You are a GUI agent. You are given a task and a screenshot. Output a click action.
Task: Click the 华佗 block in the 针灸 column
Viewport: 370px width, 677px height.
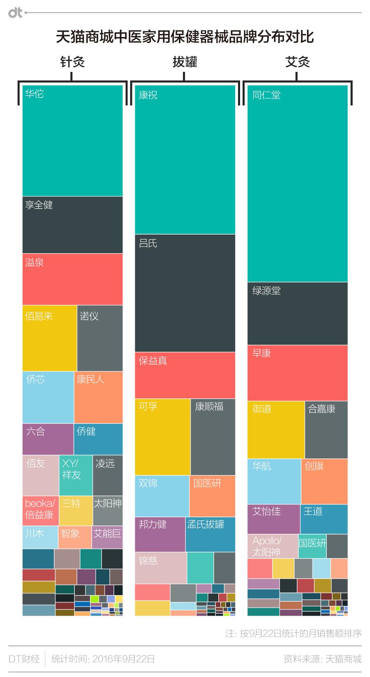pyautogui.click(x=72, y=140)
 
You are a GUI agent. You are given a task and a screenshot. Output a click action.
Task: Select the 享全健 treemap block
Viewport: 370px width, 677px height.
pyautogui.click(x=72, y=225)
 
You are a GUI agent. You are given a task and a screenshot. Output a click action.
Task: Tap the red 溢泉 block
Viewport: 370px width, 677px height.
pyautogui.click(x=72, y=279)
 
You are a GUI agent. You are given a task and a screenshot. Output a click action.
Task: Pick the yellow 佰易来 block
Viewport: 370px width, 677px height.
pyautogui.click(x=49, y=338)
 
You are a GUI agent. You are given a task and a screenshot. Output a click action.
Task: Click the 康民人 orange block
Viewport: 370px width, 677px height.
pyautogui.click(x=99, y=397)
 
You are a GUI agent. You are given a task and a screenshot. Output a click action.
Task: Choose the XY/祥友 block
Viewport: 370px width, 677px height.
pyautogui.click(x=76, y=475)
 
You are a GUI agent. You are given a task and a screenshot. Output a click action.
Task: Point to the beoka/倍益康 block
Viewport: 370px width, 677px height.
pyautogui.click(x=40, y=510)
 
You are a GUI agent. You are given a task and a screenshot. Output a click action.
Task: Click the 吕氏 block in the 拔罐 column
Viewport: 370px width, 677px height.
pyautogui.click(x=185, y=293)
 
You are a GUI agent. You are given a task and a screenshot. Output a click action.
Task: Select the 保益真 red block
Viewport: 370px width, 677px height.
pyautogui.click(x=185, y=375)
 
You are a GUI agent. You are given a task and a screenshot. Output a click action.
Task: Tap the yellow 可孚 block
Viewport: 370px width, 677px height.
pyautogui.click(x=162, y=437)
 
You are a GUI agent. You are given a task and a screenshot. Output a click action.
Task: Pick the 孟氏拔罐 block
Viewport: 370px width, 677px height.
pyautogui.click(x=210, y=534)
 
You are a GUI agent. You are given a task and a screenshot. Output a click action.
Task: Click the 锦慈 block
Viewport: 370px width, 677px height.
pyautogui.click(x=160, y=568)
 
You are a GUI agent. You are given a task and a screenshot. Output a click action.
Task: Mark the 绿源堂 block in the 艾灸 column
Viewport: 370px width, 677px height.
pyautogui.click(x=297, y=313)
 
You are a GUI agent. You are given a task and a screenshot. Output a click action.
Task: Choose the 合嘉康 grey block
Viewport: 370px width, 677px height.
pyautogui.click(x=326, y=429)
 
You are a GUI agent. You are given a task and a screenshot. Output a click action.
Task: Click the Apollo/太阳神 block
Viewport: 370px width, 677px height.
pyautogui.click(x=273, y=546)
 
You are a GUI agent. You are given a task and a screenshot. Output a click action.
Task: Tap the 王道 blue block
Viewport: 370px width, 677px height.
pyautogui.click(x=324, y=519)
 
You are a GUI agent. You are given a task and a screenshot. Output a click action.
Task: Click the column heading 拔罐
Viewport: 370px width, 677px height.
pyautogui.click(x=185, y=62)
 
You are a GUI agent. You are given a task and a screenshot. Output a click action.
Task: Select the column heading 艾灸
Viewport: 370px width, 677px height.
pyautogui.click(x=297, y=62)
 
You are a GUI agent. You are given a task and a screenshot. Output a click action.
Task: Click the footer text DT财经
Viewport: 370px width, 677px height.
pyautogui.click(x=24, y=658)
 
